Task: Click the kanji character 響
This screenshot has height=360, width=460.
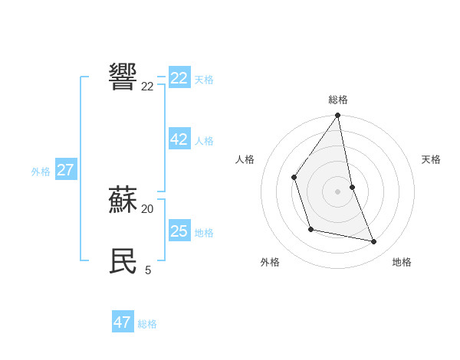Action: pyautogui.click(x=123, y=77)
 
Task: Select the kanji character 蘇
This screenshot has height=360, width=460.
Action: pyautogui.click(x=123, y=201)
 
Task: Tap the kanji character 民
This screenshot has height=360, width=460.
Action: pyautogui.click(x=123, y=261)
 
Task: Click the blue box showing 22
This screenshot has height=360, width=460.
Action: pyautogui.click(x=179, y=78)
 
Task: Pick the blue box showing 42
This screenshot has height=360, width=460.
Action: pyautogui.click(x=179, y=139)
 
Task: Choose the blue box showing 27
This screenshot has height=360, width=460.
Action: pyautogui.click(x=65, y=170)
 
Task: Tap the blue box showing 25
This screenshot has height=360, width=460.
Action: pyautogui.click(x=179, y=231)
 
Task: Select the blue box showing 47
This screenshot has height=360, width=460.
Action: pyautogui.click(x=123, y=322)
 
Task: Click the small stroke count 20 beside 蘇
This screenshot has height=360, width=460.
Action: pyautogui.click(x=147, y=208)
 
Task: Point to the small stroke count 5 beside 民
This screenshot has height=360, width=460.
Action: pyautogui.click(x=147, y=270)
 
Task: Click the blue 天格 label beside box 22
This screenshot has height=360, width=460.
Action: pyautogui.click(x=204, y=80)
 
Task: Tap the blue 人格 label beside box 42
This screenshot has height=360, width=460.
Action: pyautogui.click(x=204, y=141)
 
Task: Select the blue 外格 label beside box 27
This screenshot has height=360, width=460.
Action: pyautogui.click(x=41, y=172)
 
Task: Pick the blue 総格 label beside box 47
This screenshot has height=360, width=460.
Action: pyautogui.click(x=147, y=324)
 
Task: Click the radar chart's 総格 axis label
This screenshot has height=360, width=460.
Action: pyautogui.click(x=338, y=100)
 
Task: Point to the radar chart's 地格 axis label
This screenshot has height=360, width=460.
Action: pyautogui.click(x=402, y=262)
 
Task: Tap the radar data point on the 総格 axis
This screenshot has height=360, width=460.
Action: pyautogui.click(x=338, y=116)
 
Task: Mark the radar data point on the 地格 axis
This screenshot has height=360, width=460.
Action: pyautogui.click(x=374, y=241)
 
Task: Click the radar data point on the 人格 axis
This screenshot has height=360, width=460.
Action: pyautogui.click(x=294, y=177)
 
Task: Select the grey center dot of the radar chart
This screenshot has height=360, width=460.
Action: pyautogui.click(x=338, y=191)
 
